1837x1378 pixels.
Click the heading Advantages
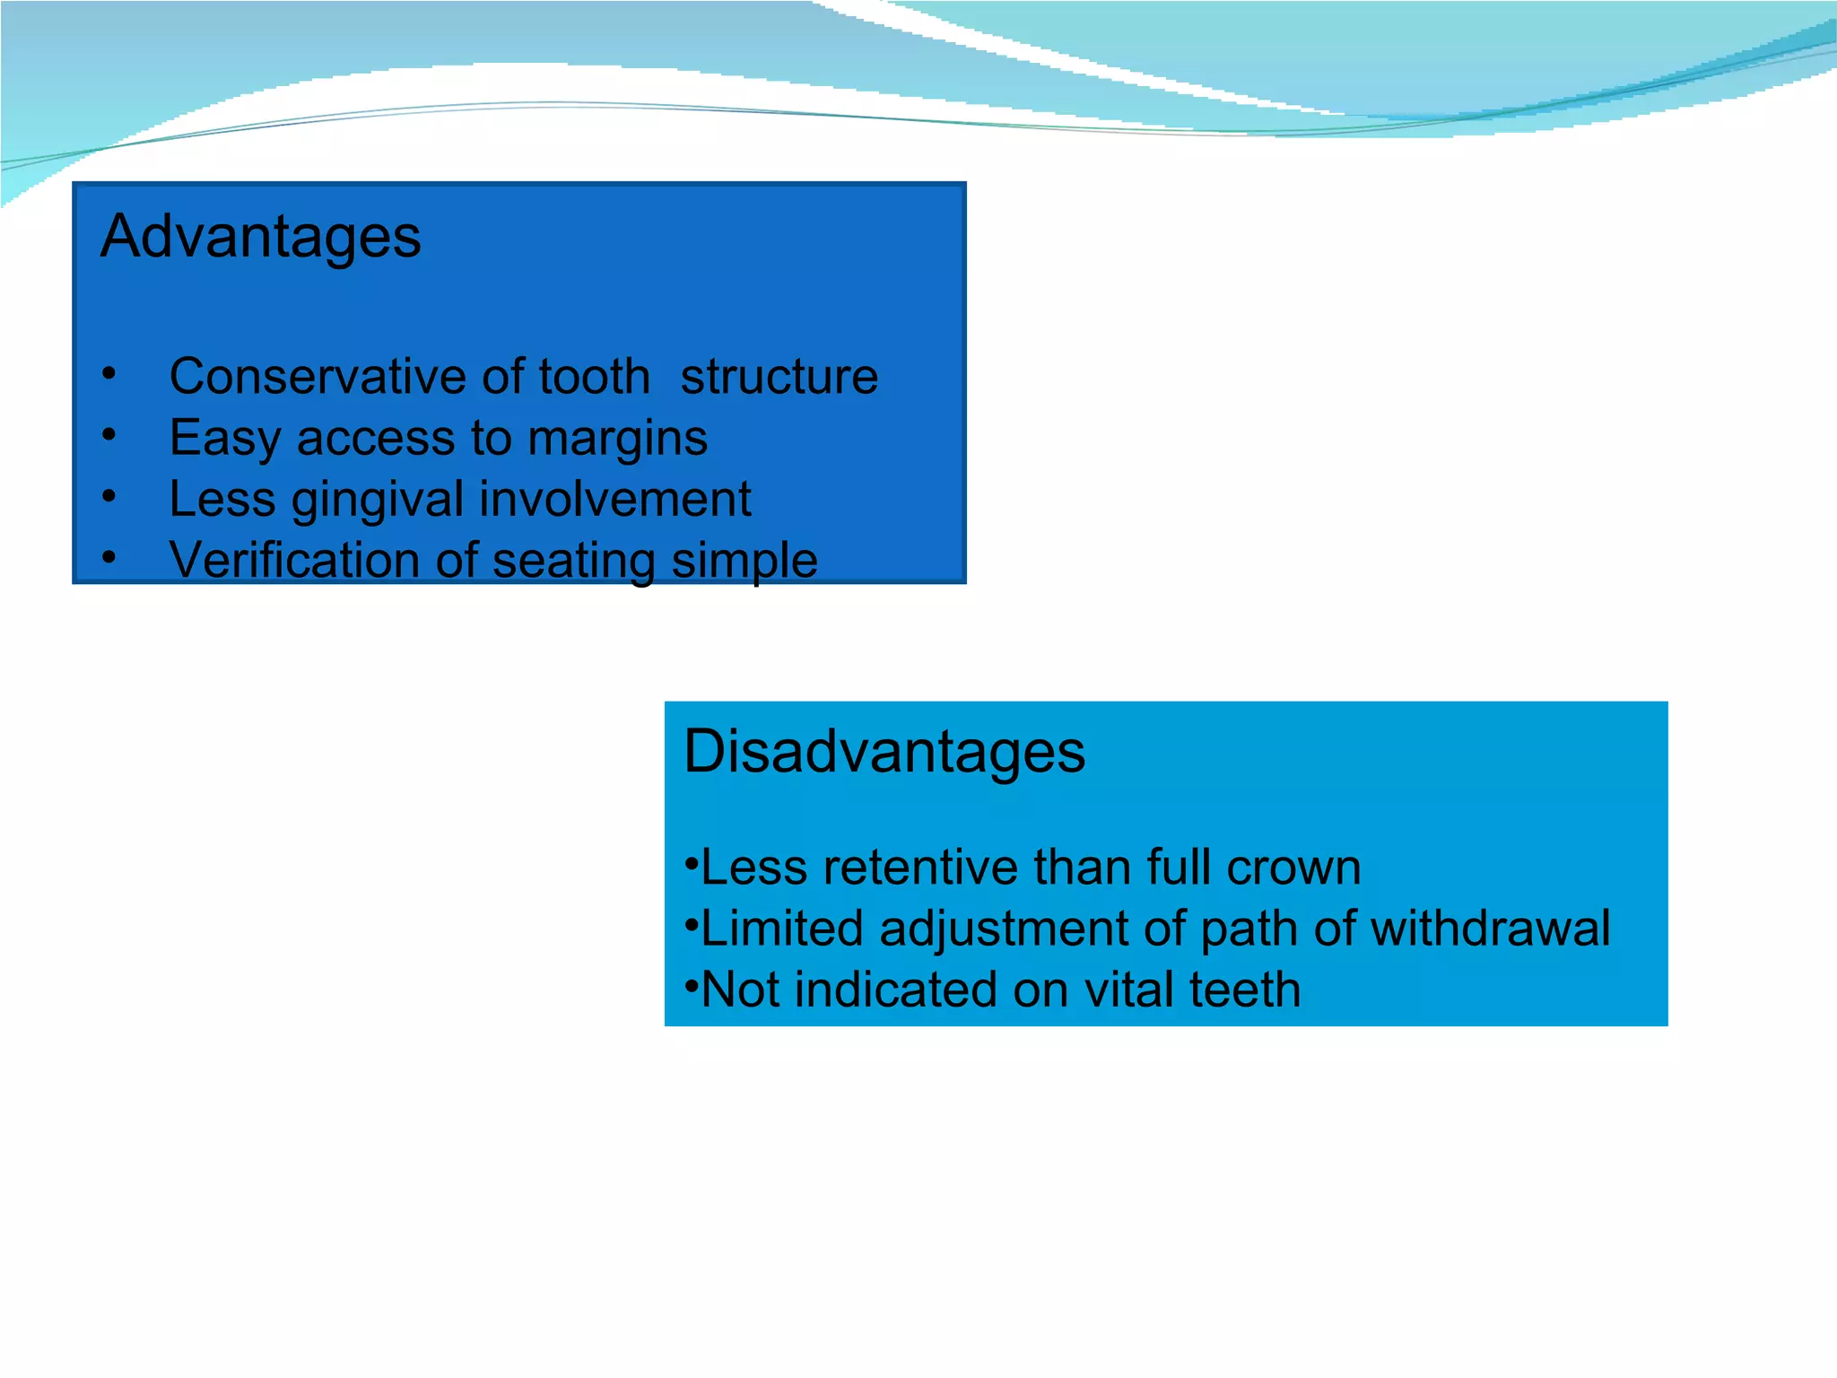[x=260, y=237]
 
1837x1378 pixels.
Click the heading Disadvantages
[x=884, y=751]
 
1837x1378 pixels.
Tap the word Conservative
[x=318, y=376]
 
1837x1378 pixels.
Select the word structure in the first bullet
[x=779, y=376]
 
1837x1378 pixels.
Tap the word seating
[x=573, y=561]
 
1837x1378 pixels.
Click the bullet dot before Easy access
[x=109, y=435]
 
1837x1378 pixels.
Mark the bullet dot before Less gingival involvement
[x=109, y=496]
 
